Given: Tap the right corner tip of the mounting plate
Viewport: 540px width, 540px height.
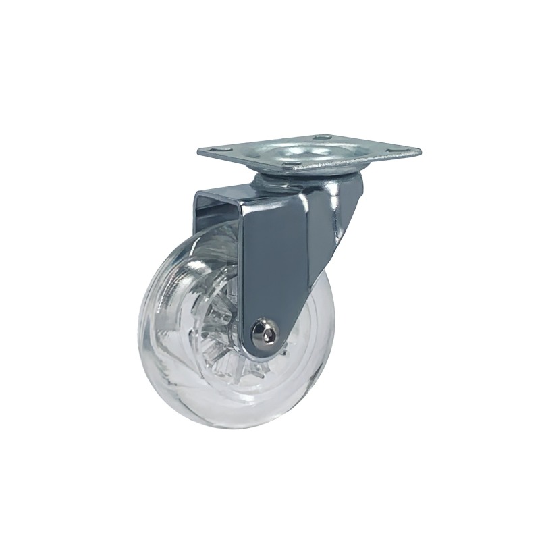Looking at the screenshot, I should (x=421, y=149).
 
